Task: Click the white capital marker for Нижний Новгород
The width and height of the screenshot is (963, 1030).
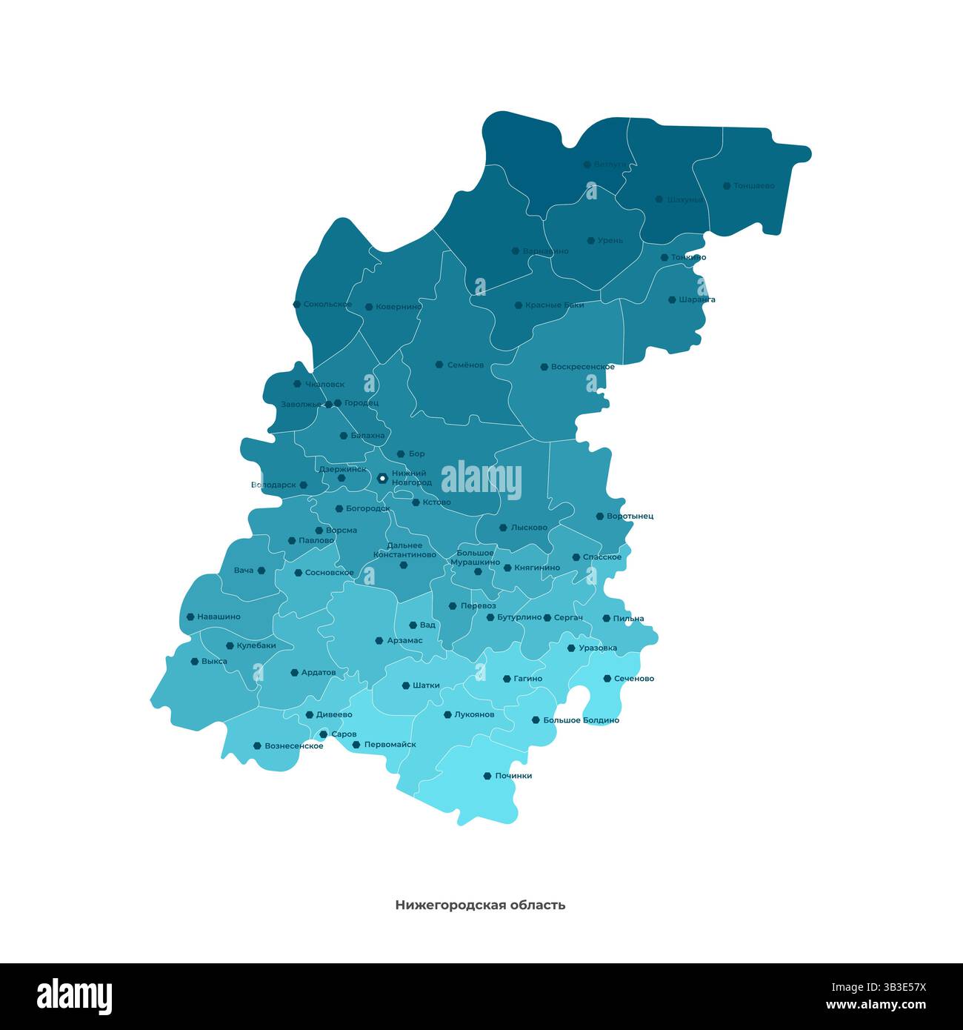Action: click(382, 478)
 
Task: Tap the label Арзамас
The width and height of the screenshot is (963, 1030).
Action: click(404, 640)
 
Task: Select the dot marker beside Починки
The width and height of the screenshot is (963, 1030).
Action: click(487, 776)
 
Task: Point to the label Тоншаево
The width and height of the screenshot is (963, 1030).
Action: click(753, 186)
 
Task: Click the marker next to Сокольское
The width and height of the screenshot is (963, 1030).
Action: click(297, 304)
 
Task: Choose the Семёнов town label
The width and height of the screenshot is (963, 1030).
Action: click(465, 365)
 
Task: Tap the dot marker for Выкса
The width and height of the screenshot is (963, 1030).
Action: click(195, 661)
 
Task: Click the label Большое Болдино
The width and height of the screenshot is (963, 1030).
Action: click(581, 720)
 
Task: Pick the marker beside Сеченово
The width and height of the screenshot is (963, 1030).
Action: click(607, 678)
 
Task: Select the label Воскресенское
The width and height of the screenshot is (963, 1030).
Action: click(582, 367)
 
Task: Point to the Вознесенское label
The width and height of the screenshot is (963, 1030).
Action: click(293, 746)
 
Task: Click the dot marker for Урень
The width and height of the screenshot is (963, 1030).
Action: click(590, 241)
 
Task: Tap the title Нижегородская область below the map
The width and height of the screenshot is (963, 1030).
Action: click(480, 905)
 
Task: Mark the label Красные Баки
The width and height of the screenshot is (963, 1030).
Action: click(554, 305)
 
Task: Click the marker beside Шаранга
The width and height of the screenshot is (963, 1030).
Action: click(672, 300)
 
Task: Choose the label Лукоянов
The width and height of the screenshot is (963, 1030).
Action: click(473, 715)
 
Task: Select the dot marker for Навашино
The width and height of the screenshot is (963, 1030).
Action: click(190, 617)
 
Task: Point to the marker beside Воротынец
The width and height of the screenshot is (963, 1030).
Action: click(600, 516)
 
